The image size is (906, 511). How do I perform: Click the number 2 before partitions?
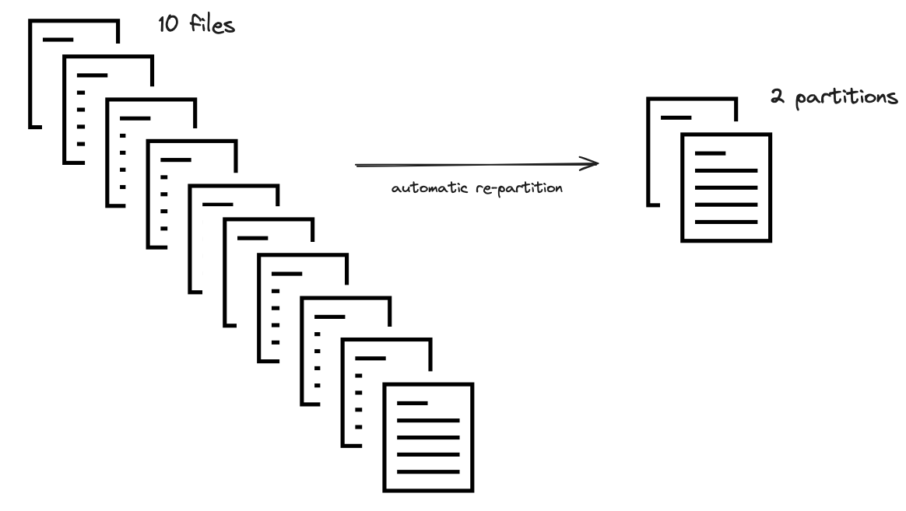[x=775, y=100]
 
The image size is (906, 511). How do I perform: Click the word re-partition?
[x=525, y=189]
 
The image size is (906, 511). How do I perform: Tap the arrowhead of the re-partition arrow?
[x=593, y=163]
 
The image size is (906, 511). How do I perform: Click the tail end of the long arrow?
[x=358, y=165]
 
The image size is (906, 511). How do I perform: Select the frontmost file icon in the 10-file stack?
[x=428, y=436]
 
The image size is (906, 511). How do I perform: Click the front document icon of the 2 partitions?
[x=726, y=187]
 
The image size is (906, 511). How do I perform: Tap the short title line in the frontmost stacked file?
[x=413, y=403]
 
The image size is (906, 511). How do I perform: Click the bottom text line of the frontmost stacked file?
[x=428, y=472]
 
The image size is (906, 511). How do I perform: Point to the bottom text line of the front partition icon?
[x=725, y=222]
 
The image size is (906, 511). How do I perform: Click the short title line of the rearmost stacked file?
[x=58, y=39]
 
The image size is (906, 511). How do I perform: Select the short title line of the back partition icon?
[x=676, y=117]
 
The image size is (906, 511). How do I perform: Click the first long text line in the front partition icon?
[x=725, y=170]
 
